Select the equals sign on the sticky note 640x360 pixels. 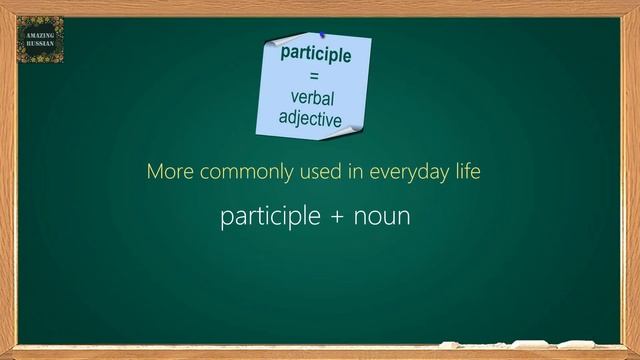coord(314,76)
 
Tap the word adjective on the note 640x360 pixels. coord(310,119)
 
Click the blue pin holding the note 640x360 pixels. coord(323,36)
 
